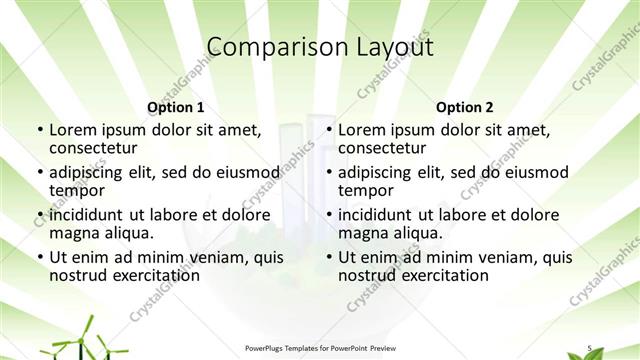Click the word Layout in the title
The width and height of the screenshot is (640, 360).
[397, 47]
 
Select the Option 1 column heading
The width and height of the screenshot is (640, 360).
[176, 107]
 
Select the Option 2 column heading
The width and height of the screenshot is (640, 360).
[465, 107]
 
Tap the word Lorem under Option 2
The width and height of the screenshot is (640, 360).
[362, 129]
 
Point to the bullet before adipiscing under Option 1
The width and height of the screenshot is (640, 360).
[39, 172]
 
